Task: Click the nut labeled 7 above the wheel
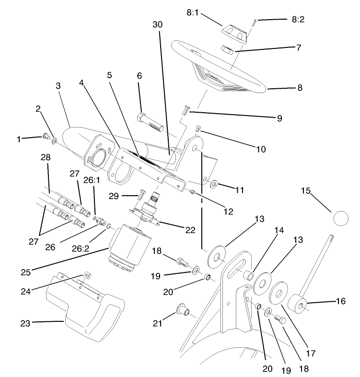coord(227,49)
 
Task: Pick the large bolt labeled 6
coord(151,122)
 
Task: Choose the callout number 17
coord(311,353)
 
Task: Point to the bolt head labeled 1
coord(46,137)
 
